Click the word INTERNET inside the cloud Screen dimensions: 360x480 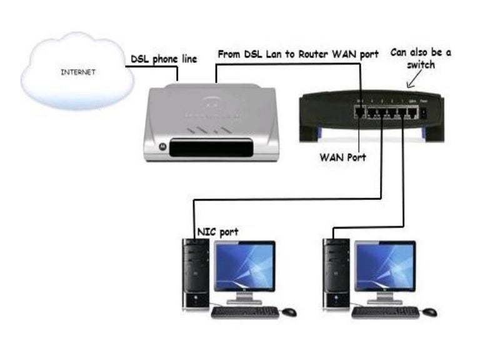pos(77,72)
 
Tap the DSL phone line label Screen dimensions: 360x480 pos(163,59)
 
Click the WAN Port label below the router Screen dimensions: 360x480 pos(342,157)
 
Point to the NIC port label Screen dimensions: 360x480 pos(217,232)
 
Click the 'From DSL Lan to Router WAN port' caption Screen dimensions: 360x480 pos(297,54)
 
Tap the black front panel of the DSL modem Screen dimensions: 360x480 pos(212,148)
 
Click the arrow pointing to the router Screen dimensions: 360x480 pos(412,80)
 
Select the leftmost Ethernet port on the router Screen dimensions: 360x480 pos(361,113)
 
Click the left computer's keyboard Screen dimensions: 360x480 pos(245,311)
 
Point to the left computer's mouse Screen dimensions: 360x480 pos(289,311)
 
